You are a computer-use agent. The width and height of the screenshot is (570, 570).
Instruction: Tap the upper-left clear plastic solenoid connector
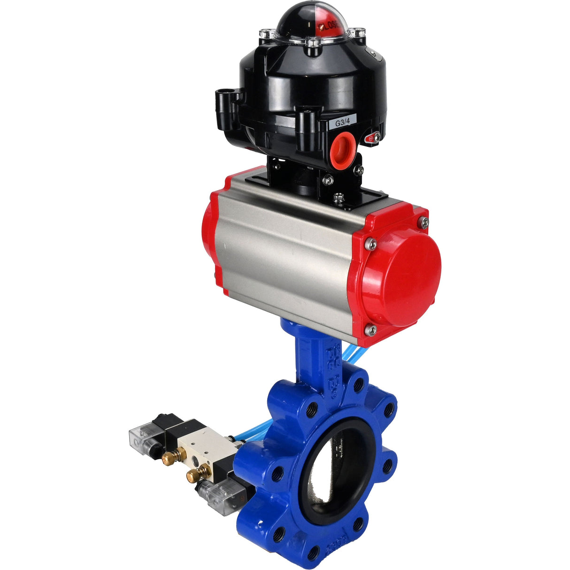[x=139, y=438]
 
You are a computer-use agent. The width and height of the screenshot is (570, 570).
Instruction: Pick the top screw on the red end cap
[x=424, y=222]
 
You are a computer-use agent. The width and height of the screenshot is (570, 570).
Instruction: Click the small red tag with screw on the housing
[x=373, y=138]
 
